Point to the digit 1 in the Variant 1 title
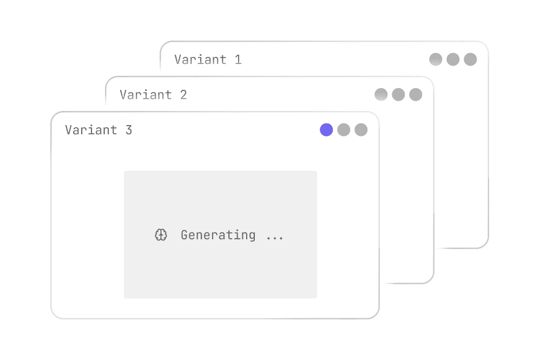coord(238,60)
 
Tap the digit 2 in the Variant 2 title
coord(183,95)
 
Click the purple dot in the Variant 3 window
coord(326,130)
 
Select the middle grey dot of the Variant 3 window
coord(344,130)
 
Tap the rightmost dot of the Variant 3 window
coord(361,130)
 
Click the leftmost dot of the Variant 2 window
coord(381,95)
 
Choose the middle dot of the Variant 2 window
coord(398,95)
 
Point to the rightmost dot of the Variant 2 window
coord(416,95)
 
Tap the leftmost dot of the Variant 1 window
coord(436,60)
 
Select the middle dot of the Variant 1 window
coord(453,60)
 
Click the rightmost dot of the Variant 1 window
coord(470,60)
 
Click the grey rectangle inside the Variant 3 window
coord(220,234)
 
